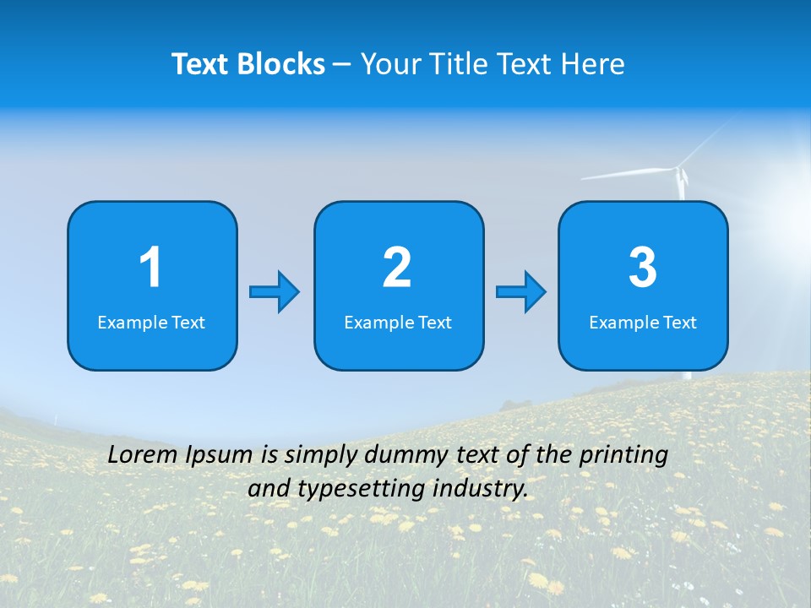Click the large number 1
(150, 268)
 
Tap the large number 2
(397, 268)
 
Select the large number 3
(643, 268)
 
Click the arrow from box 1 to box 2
(275, 292)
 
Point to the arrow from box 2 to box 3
(521, 292)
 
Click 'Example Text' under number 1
(151, 323)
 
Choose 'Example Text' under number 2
(398, 323)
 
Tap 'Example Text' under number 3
(643, 323)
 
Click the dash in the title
(342, 65)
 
